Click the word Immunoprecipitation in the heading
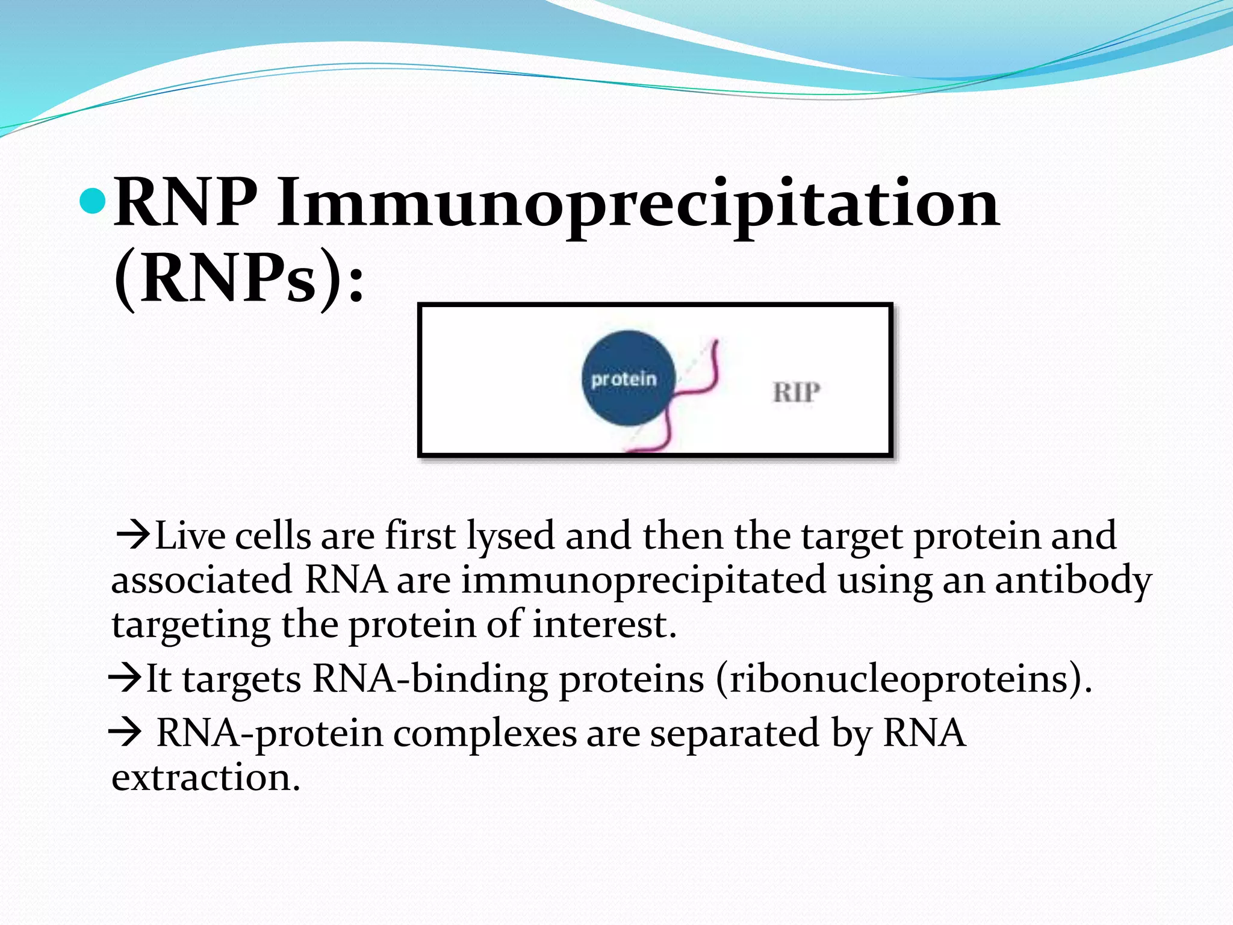(x=638, y=205)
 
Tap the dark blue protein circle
(x=627, y=378)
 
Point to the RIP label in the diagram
(x=796, y=393)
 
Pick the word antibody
(x=1073, y=581)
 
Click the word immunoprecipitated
(x=644, y=581)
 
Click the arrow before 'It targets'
(x=125, y=679)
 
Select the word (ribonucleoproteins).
(x=904, y=679)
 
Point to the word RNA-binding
(x=430, y=679)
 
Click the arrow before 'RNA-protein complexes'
(x=125, y=733)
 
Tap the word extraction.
(x=205, y=777)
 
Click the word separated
(x=735, y=733)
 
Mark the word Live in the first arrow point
(x=189, y=535)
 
